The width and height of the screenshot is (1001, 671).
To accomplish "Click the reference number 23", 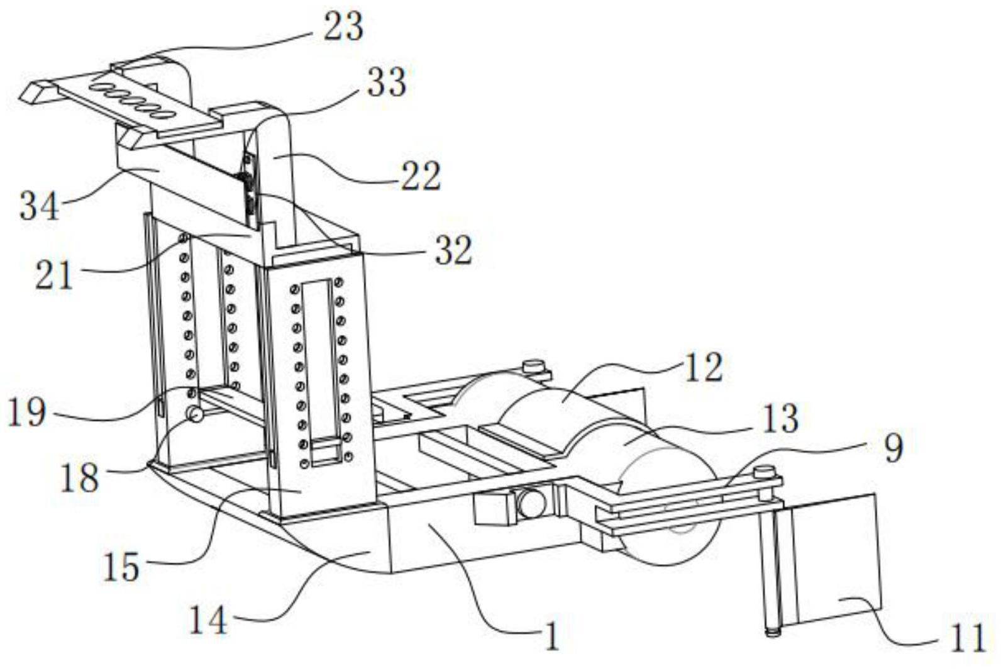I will [343, 27].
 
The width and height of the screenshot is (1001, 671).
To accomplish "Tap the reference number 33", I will [387, 82].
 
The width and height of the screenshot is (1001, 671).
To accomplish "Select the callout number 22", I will [421, 175].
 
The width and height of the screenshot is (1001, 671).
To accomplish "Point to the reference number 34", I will [40, 205].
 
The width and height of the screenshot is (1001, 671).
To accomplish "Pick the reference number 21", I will [53, 274].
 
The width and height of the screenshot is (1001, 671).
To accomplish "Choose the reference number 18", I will [79, 478].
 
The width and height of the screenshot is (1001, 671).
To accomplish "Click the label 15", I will [121, 566].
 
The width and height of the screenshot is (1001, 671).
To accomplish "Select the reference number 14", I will [209, 619].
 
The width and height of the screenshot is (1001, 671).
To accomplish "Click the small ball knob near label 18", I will [196, 413].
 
